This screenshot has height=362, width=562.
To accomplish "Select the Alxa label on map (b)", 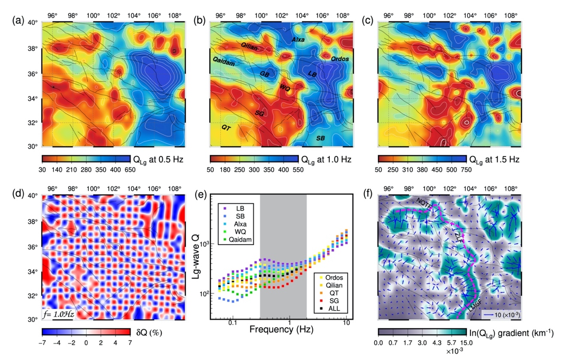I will (x=298, y=40).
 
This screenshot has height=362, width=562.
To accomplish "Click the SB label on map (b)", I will (x=321, y=138).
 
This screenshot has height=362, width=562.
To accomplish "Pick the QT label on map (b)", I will (x=226, y=127).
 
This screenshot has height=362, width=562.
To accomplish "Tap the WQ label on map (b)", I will (x=285, y=87).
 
